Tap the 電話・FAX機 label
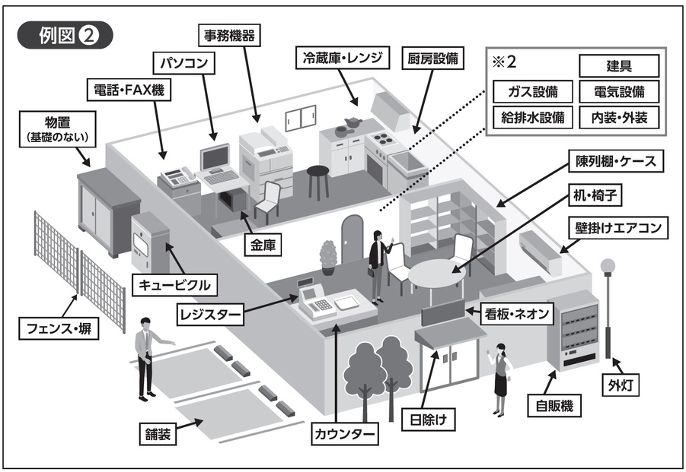pos(128,91)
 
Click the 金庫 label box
pos(263,244)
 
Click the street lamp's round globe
pos(608,266)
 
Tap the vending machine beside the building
pos(573,328)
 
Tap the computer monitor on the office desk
pos(214,157)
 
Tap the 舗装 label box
pos(158,434)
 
